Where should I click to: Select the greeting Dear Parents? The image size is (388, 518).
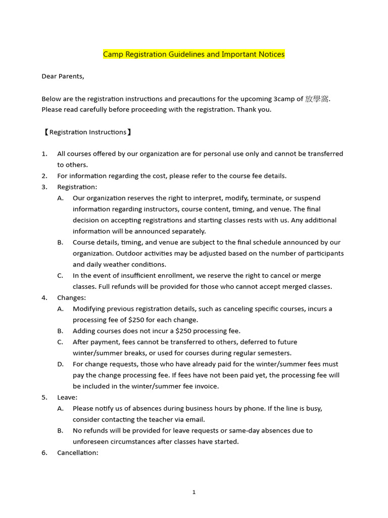point(63,76)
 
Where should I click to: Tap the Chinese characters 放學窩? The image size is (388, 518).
point(317,99)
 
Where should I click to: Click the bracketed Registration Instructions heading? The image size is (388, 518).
point(87,132)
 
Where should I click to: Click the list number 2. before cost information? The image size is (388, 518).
point(44,176)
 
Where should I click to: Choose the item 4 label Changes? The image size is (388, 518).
point(71,298)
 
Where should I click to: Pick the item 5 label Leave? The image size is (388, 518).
point(67,398)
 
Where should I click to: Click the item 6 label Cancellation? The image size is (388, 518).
point(77,453)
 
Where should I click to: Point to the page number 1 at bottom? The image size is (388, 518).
point(194,492)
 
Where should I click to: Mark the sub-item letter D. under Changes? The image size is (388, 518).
point(60,364)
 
